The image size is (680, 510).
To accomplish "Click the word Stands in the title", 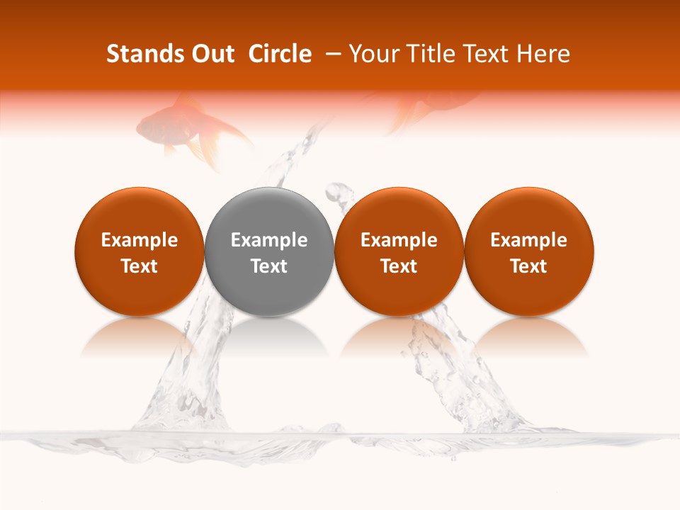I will point(137,54).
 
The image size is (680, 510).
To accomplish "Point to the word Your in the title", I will point(373,54).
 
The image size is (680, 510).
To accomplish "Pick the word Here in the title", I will point(543,54).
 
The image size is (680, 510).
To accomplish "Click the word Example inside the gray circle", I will point(269,240).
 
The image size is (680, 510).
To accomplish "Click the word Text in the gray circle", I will point(269,266).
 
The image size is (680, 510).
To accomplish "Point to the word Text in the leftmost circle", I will point(139,266).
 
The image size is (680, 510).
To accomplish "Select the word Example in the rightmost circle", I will point(528,240).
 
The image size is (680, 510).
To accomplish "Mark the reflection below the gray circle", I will point(269,336).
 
